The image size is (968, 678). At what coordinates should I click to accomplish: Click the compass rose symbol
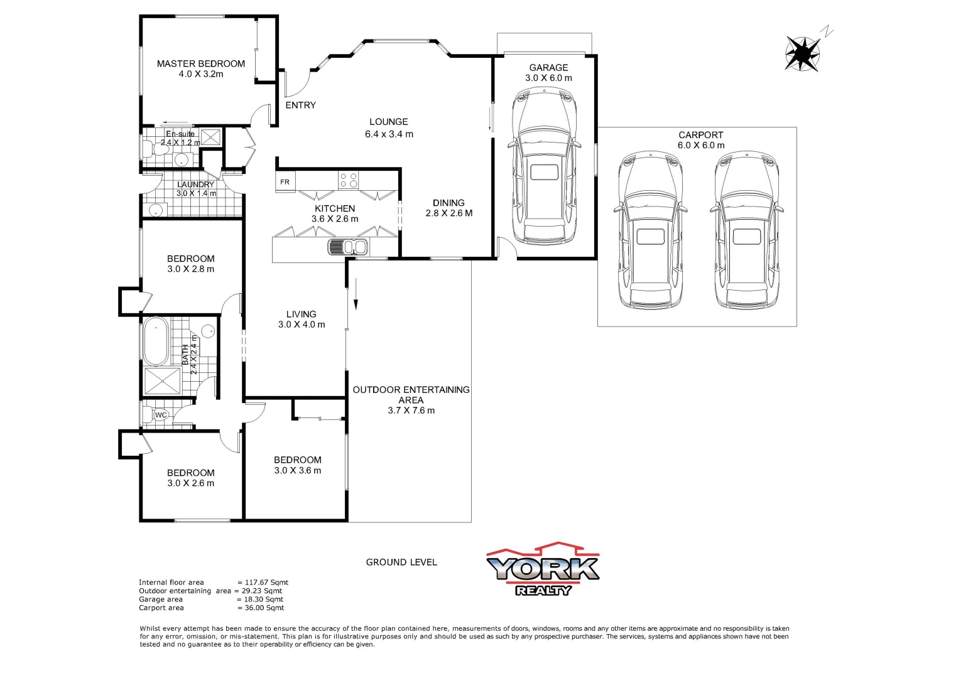pos(802,53)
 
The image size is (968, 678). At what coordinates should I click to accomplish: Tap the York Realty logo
pos(543,569)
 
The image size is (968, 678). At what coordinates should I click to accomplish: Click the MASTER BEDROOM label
pos(200,63)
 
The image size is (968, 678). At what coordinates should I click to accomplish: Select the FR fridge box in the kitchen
pos(285,182)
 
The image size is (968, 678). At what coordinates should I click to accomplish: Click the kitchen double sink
pos(347,247)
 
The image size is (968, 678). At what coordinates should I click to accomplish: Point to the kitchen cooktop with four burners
pos(349,180)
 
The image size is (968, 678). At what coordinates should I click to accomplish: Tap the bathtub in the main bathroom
pos(155,342)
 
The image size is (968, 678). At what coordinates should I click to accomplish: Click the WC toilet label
pos(161,415)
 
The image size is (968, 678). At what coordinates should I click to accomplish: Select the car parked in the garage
pos(544,166)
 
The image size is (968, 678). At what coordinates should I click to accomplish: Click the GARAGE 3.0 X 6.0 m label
pos(548,73)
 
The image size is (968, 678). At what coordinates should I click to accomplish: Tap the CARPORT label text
pos(700,135)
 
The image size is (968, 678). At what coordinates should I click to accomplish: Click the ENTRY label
pos(300,105)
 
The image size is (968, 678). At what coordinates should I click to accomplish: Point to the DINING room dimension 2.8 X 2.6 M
pos(449,213)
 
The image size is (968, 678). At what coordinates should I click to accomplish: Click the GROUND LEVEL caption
pos(401,562)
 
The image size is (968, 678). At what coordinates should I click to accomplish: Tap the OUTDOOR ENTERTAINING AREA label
pos(411,394)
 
